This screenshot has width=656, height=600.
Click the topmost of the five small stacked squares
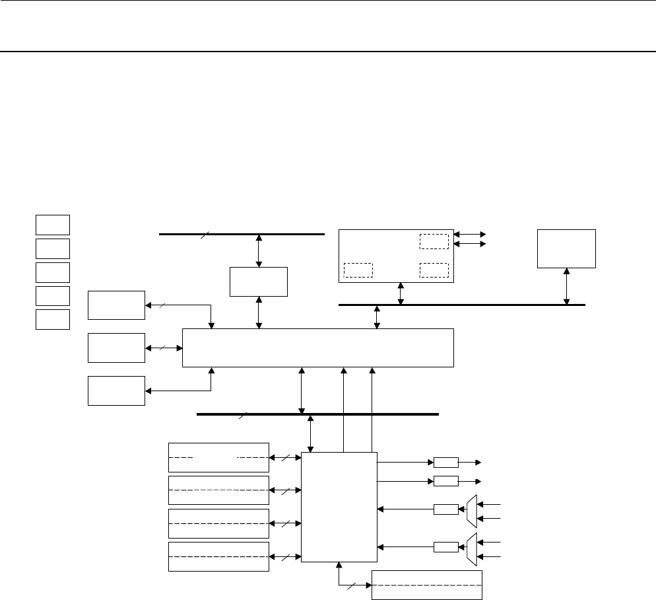coord(53,225)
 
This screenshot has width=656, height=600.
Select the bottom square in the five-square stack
coord(53,319)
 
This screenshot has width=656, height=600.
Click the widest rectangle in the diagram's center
coord(317,347)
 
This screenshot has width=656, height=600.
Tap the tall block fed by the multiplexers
coord(339,507)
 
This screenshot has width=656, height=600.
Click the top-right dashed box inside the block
coord(434,241)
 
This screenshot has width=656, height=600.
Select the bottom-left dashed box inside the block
coord(358,270)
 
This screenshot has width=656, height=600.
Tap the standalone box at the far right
coord(566,248)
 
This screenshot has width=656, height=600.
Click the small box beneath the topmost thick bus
coord(259,282)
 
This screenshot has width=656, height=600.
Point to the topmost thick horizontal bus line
coord(242,234)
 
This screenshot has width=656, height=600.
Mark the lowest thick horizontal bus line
coord(317,414)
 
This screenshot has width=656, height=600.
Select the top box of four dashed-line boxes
coord(219,457)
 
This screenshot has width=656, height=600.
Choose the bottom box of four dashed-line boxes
coord(219,557)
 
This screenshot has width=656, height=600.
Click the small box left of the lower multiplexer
coord(446,546)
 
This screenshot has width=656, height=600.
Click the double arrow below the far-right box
coord(566,286)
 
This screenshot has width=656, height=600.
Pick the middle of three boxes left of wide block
coord(116,348)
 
